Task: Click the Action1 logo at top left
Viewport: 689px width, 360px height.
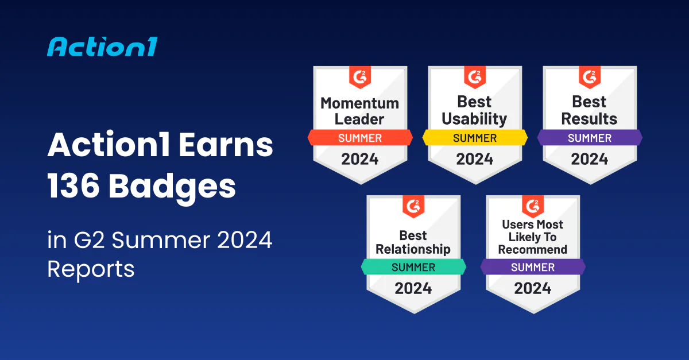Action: click(x=102, y=47)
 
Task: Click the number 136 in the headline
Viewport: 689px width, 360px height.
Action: click(x=73, y=185)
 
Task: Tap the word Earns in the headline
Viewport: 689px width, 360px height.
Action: click(x=226, y=145)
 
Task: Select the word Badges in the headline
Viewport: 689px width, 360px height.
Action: click(x=172, y=187)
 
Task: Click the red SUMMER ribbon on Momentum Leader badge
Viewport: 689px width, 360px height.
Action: click(x=360, y=138)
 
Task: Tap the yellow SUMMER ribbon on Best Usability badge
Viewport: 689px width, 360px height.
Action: click(x=475, y=138)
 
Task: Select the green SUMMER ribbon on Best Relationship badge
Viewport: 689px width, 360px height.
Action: click(x=413, y=267)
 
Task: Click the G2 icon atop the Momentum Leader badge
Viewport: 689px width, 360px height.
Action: click(x=360, y=77)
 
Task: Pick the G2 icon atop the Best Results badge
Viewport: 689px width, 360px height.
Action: click(x=590, y=77)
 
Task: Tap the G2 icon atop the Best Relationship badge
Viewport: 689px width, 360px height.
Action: click(x=413, y=206)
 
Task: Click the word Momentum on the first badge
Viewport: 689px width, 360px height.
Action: click(x=360, y=103)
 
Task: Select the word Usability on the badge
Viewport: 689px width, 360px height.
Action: click(x=475, y=119)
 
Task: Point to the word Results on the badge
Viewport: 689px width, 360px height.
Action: click(x=589, y=119)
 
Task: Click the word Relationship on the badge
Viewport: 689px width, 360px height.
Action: click(x=413, y=250)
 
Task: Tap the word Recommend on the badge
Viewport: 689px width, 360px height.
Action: click(x=533, y=250)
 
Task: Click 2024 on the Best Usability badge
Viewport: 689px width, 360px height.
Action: click(x=475, y=159)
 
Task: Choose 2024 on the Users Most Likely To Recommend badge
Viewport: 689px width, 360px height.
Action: click(x=533, y=288)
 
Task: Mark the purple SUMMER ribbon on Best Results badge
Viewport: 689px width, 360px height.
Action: click(x=590, y=138)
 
